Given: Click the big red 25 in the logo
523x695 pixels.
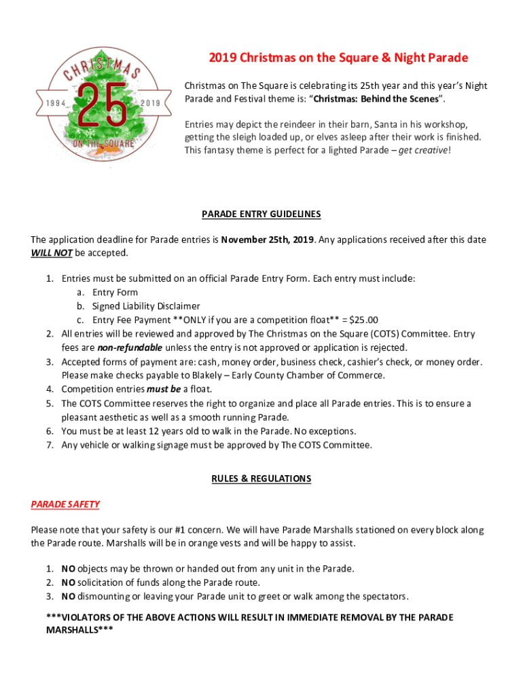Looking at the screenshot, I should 101,105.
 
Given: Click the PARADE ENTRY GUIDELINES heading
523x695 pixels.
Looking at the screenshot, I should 261,214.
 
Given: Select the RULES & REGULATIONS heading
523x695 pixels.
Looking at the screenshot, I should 261,478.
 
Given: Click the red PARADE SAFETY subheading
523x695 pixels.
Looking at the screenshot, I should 65,504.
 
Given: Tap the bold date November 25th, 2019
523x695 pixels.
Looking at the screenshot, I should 267,240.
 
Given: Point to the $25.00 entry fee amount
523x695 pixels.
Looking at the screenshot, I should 363,320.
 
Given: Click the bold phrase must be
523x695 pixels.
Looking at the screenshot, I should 164,389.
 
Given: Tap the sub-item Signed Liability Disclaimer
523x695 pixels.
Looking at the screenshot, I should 146,306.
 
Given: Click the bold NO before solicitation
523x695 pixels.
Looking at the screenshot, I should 68,582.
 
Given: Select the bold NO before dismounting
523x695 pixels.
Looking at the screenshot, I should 68,597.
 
